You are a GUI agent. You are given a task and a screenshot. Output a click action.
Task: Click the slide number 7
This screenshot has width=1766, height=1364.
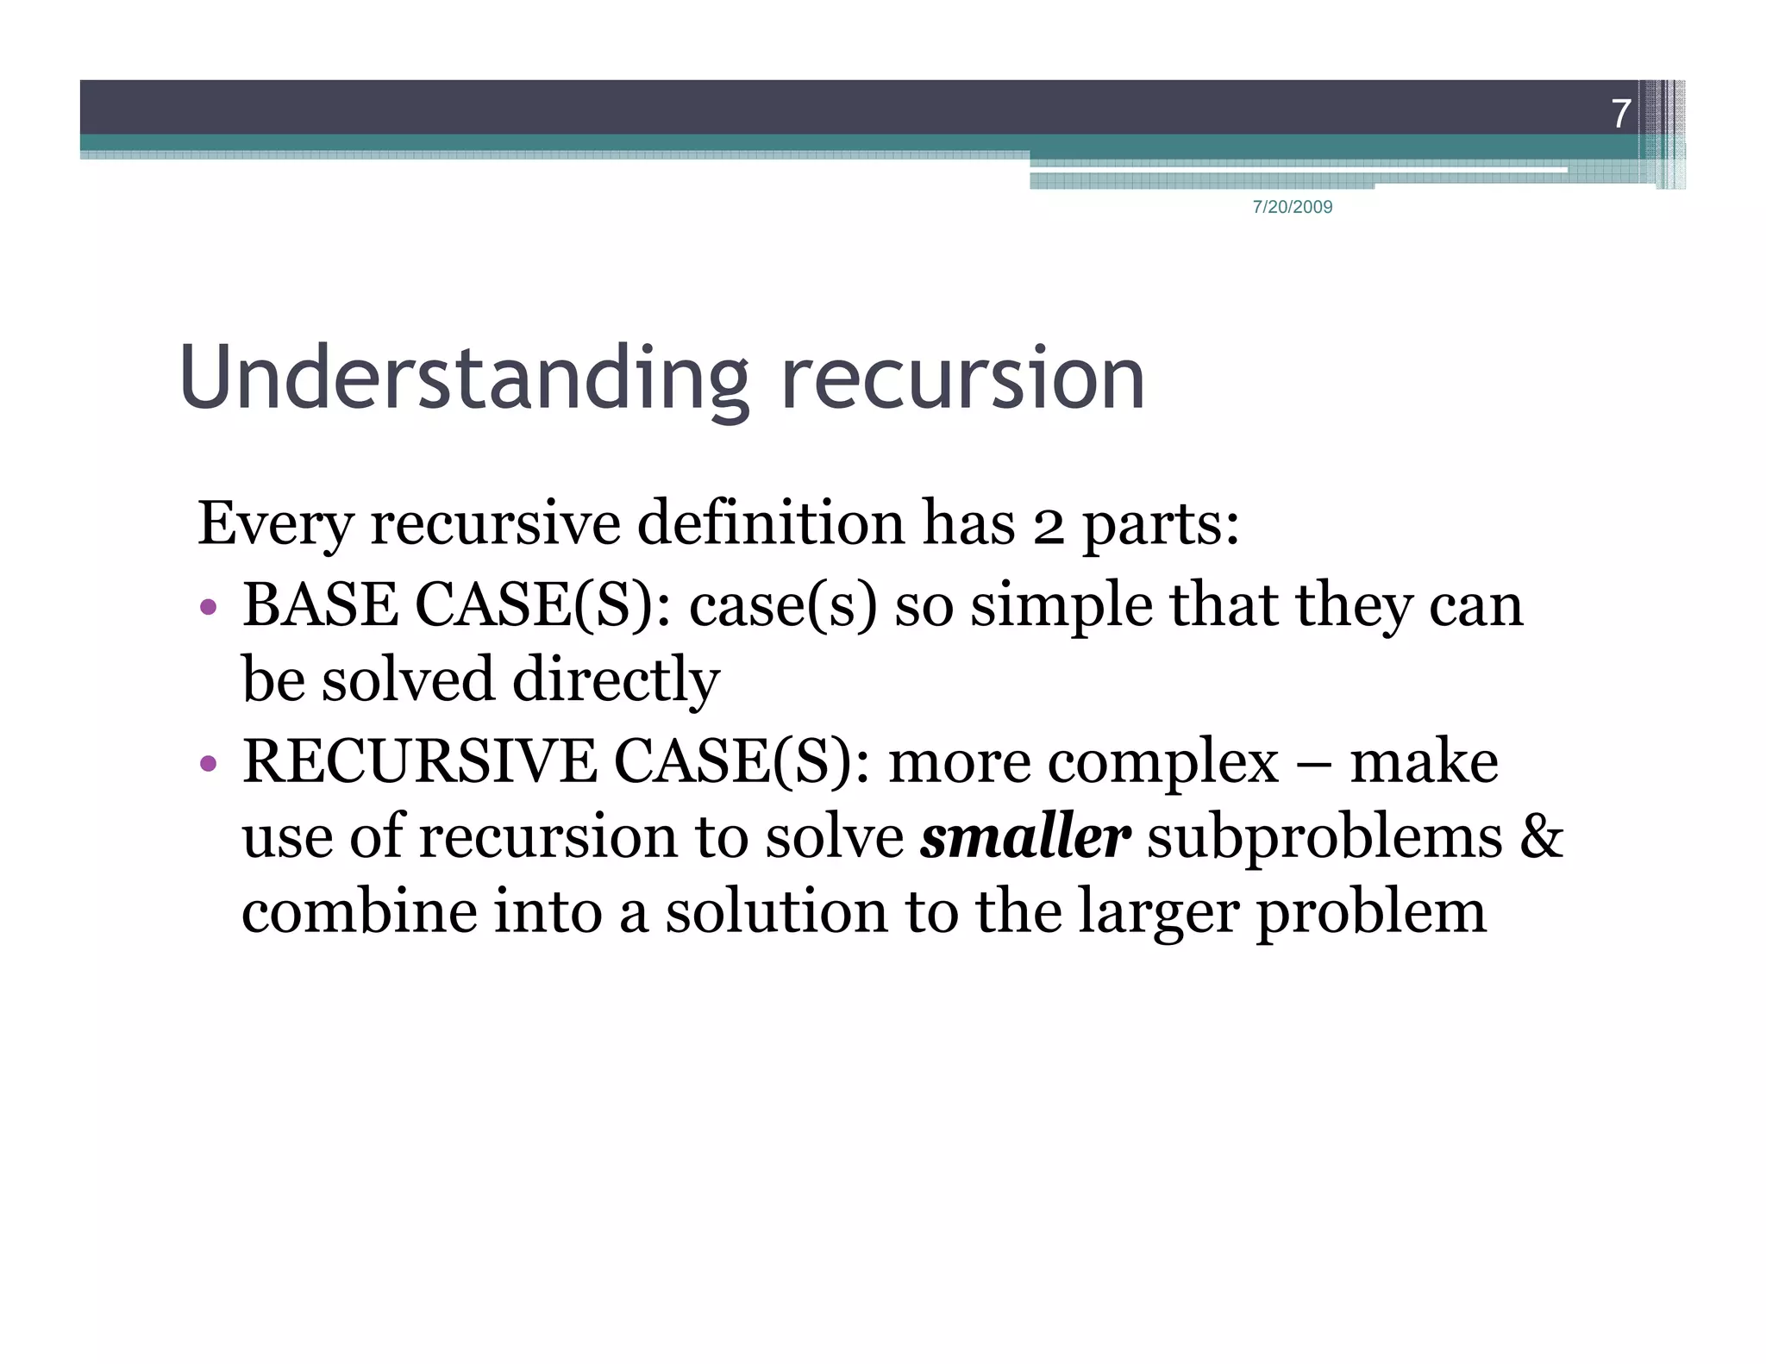(x=1620, y=114)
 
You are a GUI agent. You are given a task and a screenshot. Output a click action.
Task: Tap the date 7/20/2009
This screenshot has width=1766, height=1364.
(x=1292, y=207)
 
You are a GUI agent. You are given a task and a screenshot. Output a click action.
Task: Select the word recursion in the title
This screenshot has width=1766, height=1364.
(x=962, y=379)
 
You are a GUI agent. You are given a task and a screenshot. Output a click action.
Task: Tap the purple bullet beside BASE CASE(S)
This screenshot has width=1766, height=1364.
(x=208, y=607)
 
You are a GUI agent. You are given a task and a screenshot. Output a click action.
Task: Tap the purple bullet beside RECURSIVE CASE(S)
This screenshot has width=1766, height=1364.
(x=208, y=763)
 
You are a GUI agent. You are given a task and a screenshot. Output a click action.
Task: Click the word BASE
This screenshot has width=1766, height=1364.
(x=320, y=604)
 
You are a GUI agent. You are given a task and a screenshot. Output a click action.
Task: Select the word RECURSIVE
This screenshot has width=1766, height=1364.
(x=418, y=761)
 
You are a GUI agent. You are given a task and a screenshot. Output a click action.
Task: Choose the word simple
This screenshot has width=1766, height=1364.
(x=1061, y=606)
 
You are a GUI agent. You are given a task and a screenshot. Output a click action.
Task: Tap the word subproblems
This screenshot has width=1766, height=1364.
(x=1324, y=838)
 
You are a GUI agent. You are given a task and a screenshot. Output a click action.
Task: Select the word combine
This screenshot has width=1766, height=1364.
(x=359, y=912)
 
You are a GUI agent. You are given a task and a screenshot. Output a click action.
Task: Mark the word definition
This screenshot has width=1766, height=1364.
(x=770, y=524)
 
